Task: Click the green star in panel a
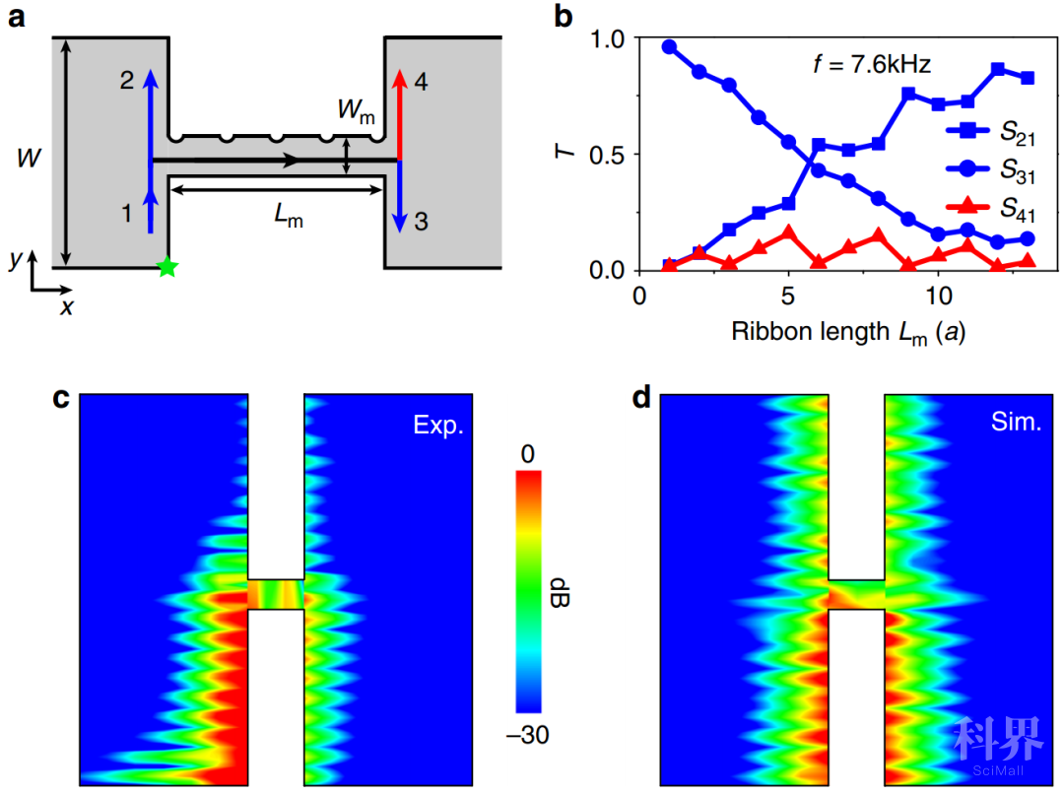pos(167,266)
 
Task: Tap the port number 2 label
pos(126,82)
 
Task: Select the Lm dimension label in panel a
pos(289,220)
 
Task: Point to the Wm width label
pos(356,113)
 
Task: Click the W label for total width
pos(33,157)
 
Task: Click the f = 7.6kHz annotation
pos(865,66)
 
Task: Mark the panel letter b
pos(565,17)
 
